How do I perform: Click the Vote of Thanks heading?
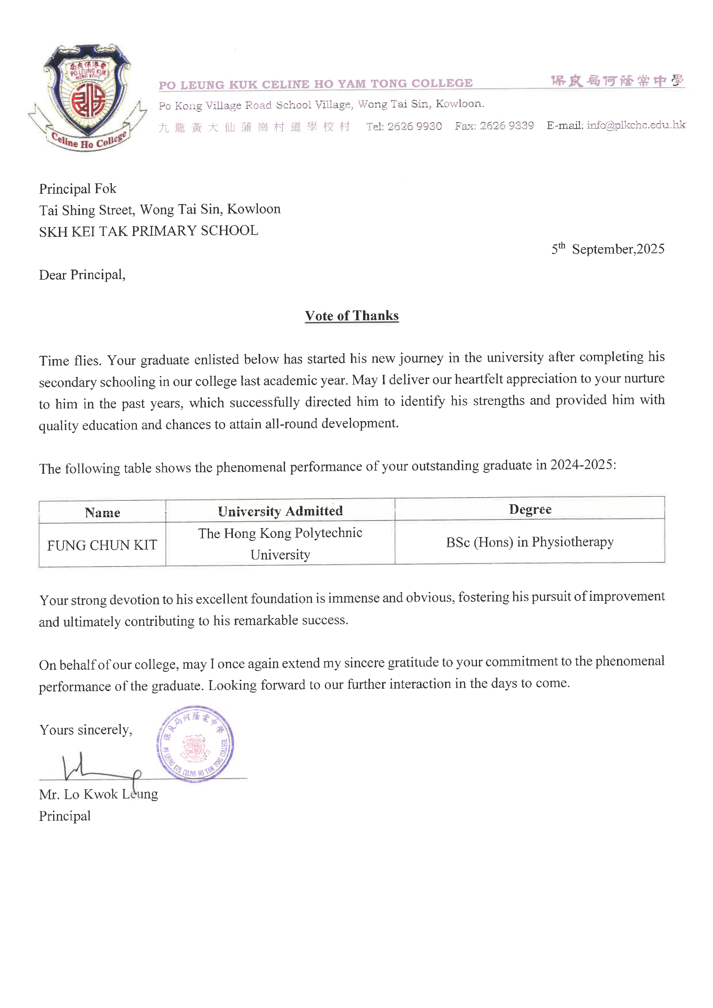tap(352, 316)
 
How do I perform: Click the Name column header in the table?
tap(102, 512)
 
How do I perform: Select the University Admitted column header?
tap(280, 511)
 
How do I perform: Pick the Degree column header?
tap(530, 509)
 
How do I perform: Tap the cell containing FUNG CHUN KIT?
tap(102, 545)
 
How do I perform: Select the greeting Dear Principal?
tap(82, 275)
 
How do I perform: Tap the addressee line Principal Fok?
tap(78, 189)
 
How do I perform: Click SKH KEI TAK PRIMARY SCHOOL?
tap(148, 231)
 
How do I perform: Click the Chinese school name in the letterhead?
tap(617, 81)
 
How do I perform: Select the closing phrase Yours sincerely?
tap(86, 730)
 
